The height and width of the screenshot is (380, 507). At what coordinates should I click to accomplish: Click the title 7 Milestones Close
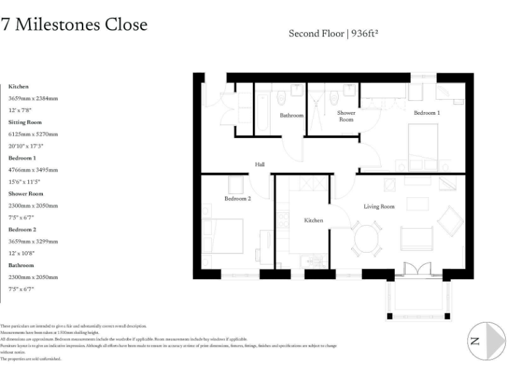74,25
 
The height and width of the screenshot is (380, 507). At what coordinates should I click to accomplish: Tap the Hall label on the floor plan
260,164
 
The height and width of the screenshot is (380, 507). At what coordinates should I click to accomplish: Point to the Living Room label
379,206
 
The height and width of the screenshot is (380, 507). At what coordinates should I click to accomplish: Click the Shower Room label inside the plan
347,116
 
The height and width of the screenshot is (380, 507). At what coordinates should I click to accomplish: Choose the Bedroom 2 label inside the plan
238,199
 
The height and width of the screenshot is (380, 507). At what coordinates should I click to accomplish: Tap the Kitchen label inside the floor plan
314,220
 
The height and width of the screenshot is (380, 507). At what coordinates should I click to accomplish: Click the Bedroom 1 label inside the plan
426,113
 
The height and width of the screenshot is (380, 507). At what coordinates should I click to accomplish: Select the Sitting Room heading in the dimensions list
25,122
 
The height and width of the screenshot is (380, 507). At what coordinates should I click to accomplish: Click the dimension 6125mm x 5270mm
34,134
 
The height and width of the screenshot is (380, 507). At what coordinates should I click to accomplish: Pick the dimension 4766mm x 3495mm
34,170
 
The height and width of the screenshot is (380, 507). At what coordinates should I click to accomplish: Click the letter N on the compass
474,341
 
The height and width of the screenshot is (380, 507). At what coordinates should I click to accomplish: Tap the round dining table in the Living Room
366,238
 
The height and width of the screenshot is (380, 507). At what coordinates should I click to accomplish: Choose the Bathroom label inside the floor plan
291,115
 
